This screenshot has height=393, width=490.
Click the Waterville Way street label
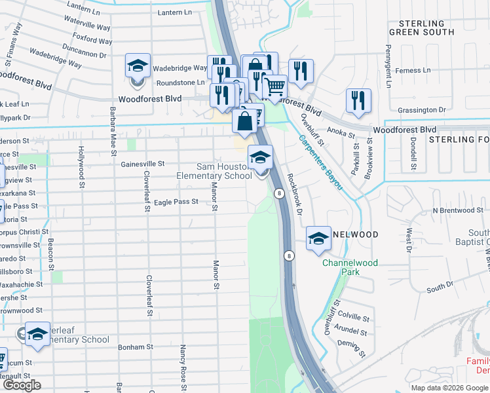coord(87,27)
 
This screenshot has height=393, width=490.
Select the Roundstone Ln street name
coord(180,83)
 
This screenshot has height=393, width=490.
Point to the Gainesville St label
coord(142,164)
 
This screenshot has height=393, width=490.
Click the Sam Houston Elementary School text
coord(214,171)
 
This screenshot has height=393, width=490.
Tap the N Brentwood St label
coord(457,210)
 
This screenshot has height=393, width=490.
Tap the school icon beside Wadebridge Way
coord(138,66)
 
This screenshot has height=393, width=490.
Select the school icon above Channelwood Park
coord(318,238)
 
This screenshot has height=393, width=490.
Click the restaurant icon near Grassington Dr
coord(358,100)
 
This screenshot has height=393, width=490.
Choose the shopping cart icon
coord(275,86)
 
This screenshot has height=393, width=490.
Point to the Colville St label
coord(354,316)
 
